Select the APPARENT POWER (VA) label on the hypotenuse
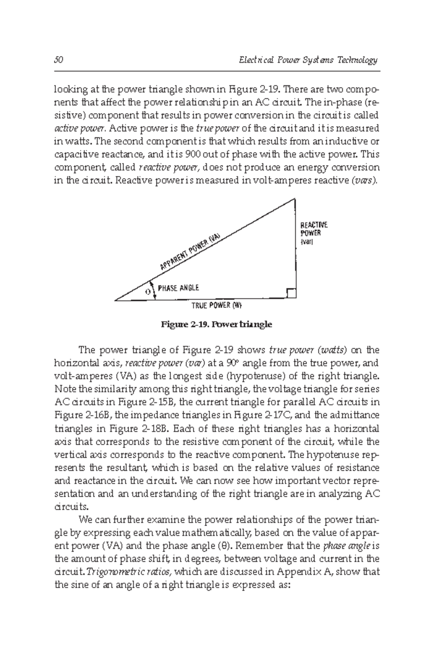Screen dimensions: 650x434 (190, 251)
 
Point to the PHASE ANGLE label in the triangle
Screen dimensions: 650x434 (178, 288)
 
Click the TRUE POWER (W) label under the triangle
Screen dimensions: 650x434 (216, 306)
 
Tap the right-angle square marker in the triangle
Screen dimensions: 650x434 (292, 293)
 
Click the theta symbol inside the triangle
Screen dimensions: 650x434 (148, 292)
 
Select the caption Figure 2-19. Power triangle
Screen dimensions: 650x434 (216, 324)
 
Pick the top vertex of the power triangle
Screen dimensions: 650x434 (295, 199)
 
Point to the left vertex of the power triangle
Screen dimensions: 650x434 (115, 300)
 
